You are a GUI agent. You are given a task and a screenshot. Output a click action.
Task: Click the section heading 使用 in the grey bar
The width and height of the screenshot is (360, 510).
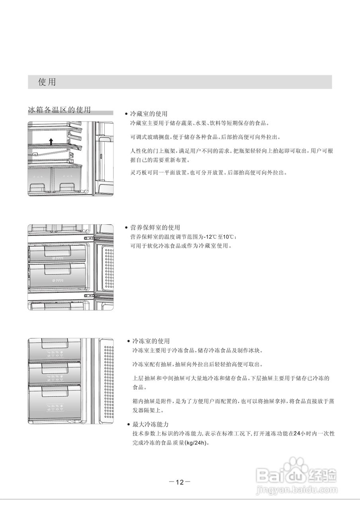[x=47, y=82]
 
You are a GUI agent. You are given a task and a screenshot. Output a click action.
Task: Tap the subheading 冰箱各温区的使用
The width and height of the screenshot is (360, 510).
[x=59, y=110]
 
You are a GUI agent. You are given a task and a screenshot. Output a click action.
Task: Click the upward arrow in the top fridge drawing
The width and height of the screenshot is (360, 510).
[x=51, y=141]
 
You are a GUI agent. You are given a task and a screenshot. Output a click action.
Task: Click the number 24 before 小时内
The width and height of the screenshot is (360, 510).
[x=296, y=433]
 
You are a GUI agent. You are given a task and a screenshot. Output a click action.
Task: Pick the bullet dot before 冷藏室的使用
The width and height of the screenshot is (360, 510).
[x=126, y=114]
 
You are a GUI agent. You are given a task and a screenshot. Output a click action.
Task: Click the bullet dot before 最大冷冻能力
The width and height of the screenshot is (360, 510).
[x=128, y=425]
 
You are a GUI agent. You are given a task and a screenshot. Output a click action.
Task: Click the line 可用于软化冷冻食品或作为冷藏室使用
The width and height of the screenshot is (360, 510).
[x=181, y=246]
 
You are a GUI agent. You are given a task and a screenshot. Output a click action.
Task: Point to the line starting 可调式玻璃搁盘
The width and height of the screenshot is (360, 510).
[x=205, y=137]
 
